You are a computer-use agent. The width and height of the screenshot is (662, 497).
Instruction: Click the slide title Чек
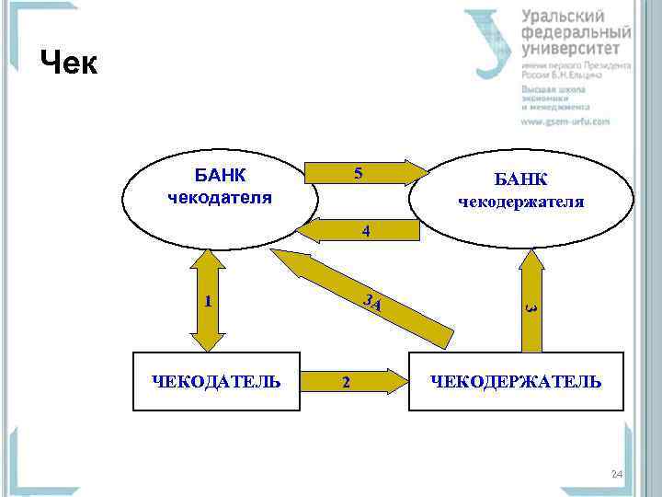coord(68,63)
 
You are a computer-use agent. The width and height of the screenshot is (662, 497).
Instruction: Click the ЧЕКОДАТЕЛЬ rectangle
coord(217,381)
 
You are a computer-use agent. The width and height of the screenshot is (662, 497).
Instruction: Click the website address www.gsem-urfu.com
coord(565,121)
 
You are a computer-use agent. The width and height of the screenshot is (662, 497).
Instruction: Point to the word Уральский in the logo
coord(563,16)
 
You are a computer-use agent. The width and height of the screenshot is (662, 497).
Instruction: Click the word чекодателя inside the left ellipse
coord(220,196)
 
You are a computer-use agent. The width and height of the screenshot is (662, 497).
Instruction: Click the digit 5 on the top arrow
coord(359,174)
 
